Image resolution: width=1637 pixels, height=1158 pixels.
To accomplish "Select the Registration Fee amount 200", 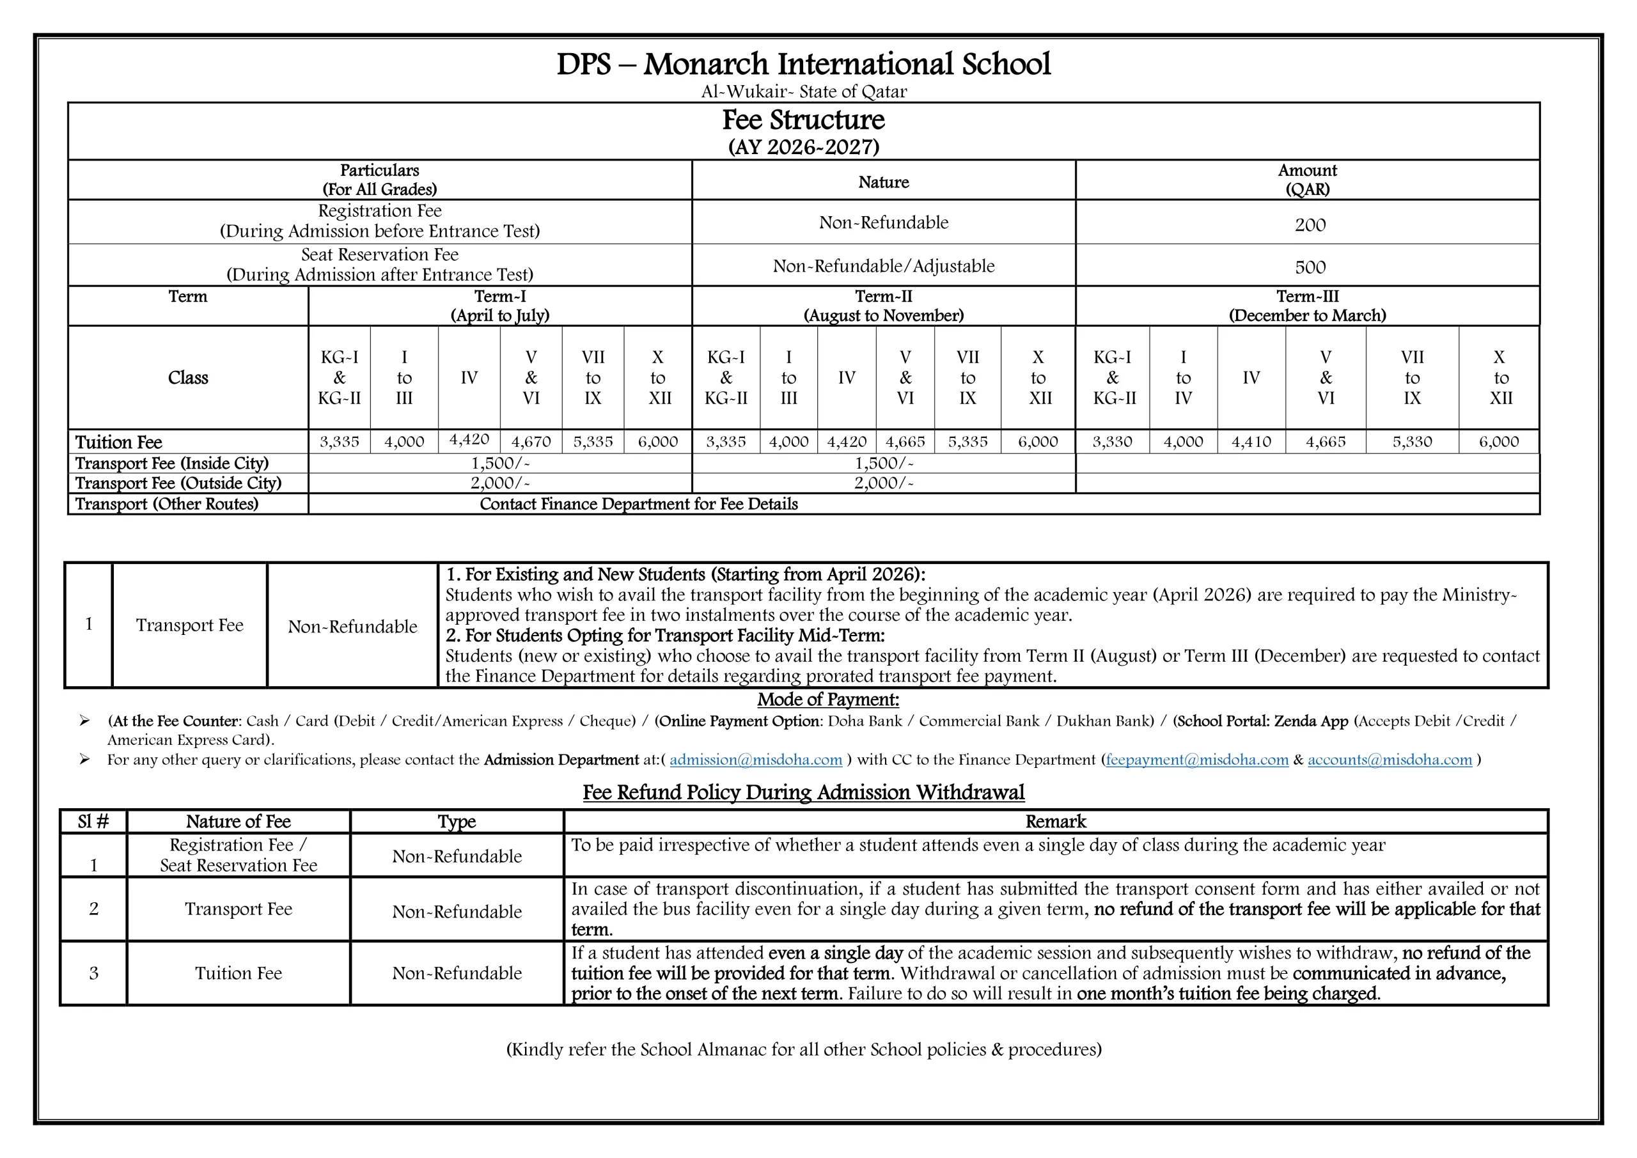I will click(x=1309, y=225).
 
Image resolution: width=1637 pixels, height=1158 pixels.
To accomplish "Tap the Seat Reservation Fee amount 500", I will click(x=1309, y=267).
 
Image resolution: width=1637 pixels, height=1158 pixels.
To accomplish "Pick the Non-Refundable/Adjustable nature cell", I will click(x=882, y=266).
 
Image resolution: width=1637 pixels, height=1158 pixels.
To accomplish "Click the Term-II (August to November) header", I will click(x=882, y=306).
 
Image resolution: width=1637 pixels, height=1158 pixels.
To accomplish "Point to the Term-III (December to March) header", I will click(x=1307, y=306).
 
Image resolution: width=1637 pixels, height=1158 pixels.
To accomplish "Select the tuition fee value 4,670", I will click(x=531, y=442).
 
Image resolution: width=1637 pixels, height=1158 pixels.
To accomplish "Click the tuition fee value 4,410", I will click(x=1251, y=442).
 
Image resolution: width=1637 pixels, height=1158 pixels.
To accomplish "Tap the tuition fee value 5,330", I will click(x=1411, y=442).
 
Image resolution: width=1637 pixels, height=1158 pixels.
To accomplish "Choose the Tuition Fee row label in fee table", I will click(x=118, y=442).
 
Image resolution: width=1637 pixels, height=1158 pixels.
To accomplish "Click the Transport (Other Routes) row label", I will click(x=166, y=504).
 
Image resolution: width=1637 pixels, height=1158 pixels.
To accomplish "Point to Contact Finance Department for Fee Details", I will click(x=638, y=504).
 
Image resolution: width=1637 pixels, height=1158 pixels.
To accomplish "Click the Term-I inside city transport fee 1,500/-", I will click(x=500, y=464).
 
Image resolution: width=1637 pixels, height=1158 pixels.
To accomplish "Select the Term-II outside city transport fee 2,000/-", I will click(x=882, y=483).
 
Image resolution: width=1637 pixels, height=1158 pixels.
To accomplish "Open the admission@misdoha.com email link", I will click(x=756, y=760).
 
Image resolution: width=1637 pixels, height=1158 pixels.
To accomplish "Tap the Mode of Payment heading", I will click(x=827, y=700).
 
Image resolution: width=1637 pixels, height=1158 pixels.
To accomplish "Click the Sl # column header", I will click(x=93, y=822).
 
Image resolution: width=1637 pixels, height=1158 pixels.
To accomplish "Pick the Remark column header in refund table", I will click(x=1055, y=822).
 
